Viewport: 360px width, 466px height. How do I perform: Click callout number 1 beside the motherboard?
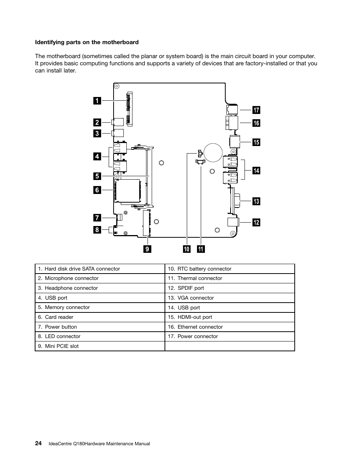[x=97, y=101]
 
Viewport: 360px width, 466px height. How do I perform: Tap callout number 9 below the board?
[x=147, y=249]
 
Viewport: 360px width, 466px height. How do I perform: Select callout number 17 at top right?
[x=256, y=110]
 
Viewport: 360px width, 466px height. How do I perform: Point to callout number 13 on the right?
[x=256, y=201]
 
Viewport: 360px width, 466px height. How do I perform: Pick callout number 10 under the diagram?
[x=187, y=249]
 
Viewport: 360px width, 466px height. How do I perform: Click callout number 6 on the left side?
[x=97, y=190]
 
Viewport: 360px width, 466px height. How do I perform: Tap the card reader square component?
[x=127, y=190]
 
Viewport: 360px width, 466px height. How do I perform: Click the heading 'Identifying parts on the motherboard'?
[x=87, y=42]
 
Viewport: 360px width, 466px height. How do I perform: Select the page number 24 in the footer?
[x=38, y=443]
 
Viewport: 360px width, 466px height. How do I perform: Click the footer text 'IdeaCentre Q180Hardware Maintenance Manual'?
[x=99, y=444]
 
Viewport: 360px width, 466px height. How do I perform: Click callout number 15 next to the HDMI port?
[x=256, y=142]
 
